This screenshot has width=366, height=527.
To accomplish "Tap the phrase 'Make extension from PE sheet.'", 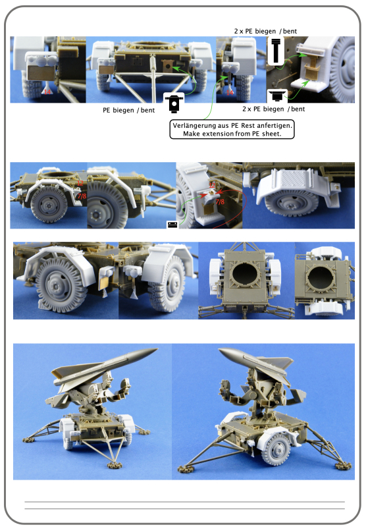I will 231,133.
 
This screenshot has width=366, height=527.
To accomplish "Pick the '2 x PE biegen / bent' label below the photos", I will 273,108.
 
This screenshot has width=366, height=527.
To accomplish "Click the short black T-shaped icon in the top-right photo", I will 275,94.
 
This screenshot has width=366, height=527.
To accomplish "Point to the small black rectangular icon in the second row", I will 172,225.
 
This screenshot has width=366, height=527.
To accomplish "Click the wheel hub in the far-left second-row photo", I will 49,206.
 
